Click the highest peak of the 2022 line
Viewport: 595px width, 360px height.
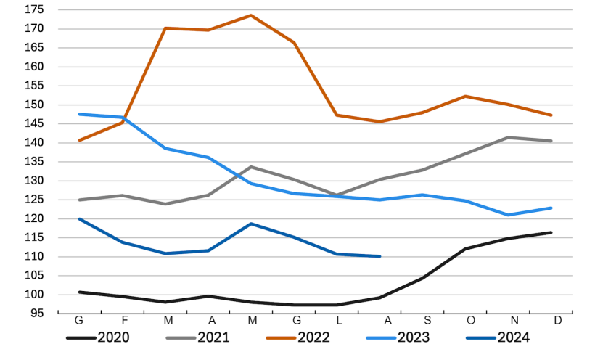251,15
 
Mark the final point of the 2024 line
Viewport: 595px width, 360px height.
379,256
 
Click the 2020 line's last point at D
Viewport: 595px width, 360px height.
551,232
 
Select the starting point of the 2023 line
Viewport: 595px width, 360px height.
79,114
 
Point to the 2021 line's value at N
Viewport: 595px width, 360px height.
509,137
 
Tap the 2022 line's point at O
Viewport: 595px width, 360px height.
465,96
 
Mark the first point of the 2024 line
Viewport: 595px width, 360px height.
79,218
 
